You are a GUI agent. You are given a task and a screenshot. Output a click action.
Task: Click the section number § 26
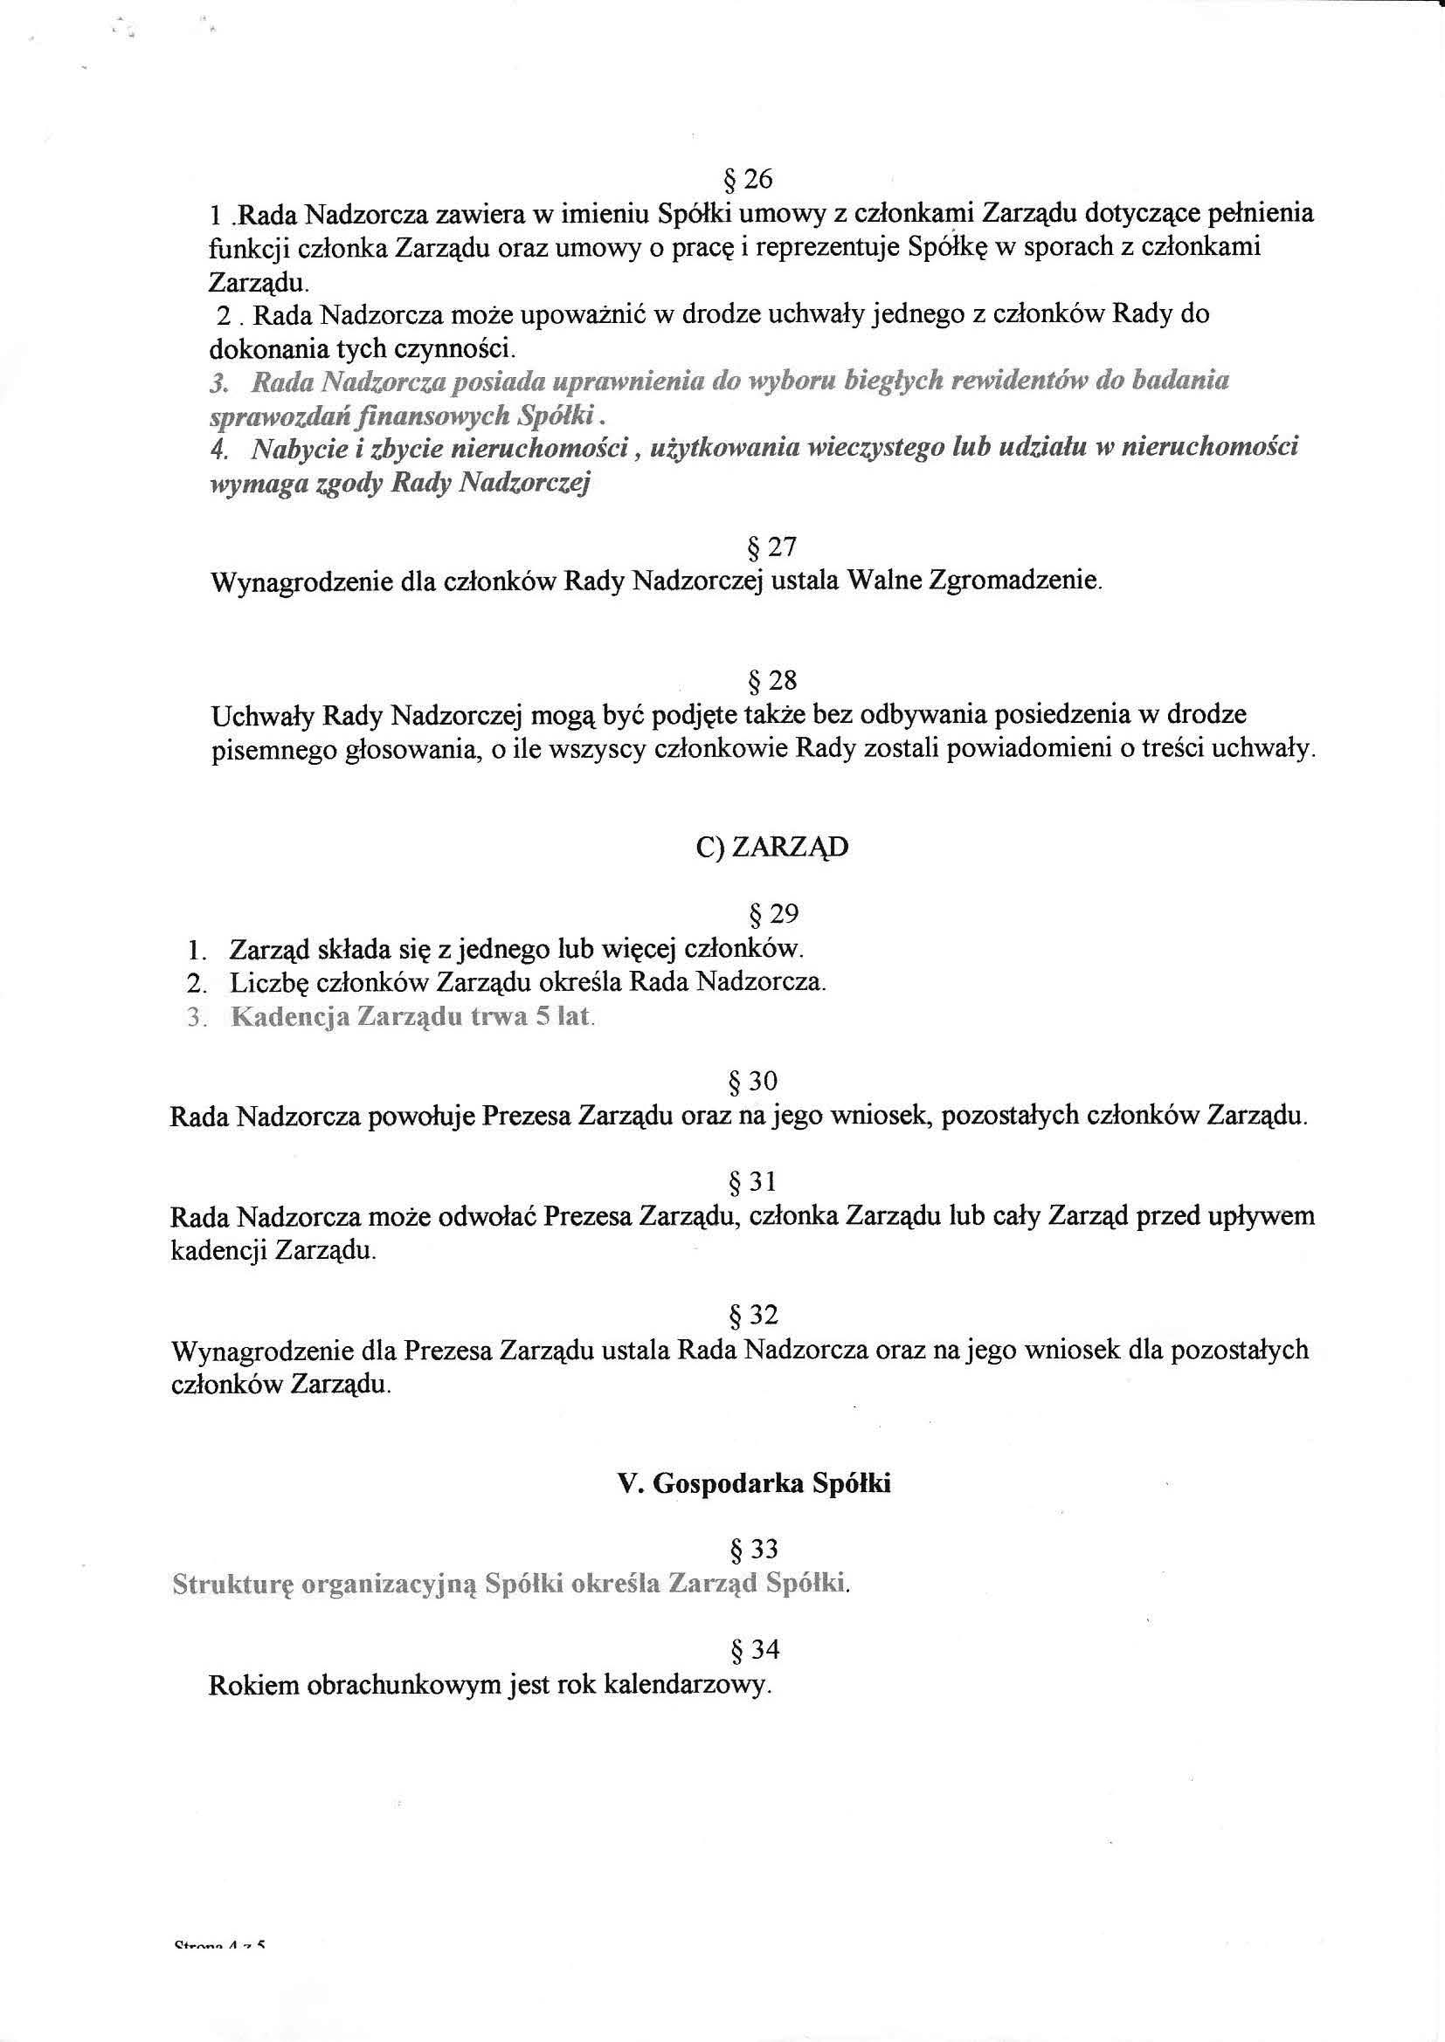tap(749, 180)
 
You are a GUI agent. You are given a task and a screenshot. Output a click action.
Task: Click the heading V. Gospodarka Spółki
tap(754, 1483)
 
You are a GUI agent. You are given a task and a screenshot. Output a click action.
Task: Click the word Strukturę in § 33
tap(232, 1584)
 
